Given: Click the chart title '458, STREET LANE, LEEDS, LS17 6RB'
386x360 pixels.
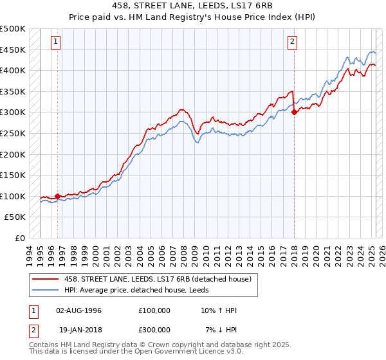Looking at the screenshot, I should point(193,6).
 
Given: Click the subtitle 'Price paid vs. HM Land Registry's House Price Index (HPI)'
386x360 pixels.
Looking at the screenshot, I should point(193,17).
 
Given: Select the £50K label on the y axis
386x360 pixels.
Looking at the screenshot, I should point(15,217).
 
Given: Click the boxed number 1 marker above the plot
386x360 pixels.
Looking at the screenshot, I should point(56,42).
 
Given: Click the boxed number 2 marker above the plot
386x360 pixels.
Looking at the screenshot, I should point(292,42).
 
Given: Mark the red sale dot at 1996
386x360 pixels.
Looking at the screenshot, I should point(57,196).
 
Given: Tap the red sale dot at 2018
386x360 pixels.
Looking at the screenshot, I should point(294,112).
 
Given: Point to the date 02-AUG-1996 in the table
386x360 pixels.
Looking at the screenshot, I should point(78,310).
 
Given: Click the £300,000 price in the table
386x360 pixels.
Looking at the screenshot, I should point(154,329).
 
